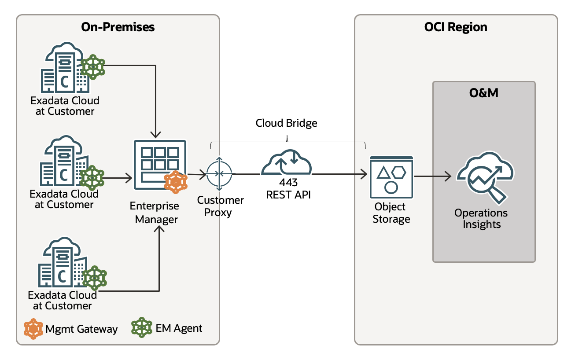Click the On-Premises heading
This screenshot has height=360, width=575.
click(118, 27)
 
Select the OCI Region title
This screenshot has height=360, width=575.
click(456, 27)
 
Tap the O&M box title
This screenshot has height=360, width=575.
click(484, 93)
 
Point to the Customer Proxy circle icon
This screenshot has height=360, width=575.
click(219, 174)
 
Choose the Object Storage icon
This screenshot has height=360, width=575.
click(391, 177)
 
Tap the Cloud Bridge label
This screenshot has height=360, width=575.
click(286, 123)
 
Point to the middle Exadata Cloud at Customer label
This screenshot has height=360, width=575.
click(64, 199)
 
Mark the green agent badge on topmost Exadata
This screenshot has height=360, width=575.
click(93, 67)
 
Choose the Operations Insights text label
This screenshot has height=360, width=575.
click(481, 219)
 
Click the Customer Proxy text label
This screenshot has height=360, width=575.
click(220, 206)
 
